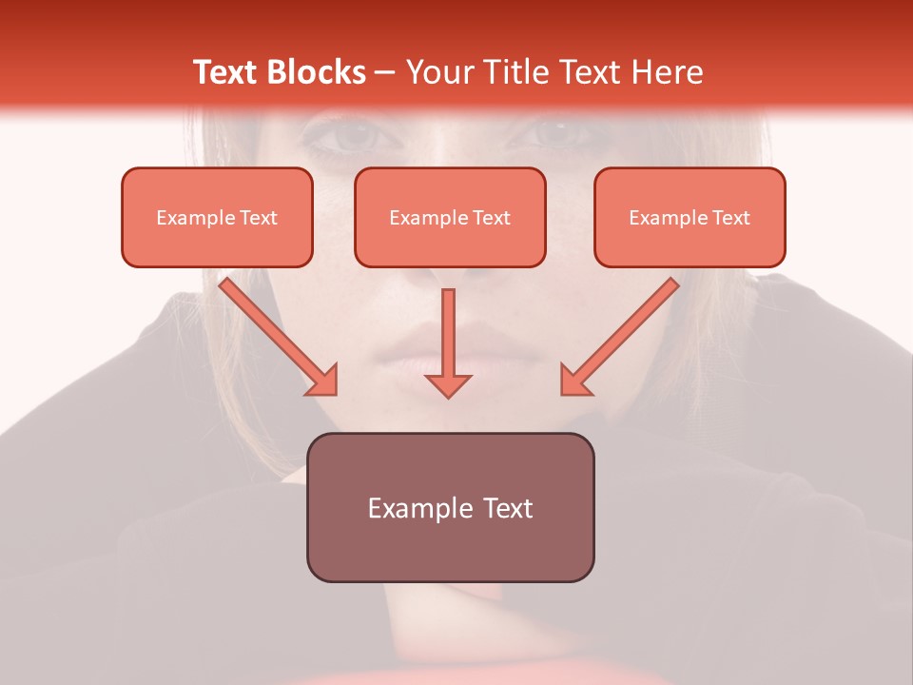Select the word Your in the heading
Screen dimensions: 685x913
click(438, 72)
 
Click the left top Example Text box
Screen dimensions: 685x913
click(217, 218)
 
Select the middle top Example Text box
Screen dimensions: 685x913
click(450, 218)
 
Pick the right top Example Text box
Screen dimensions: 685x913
click(690, 218)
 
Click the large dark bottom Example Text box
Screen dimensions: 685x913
click(450, 508)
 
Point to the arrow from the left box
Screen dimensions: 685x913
click(275, 333)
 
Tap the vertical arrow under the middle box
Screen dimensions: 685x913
click(448, 333)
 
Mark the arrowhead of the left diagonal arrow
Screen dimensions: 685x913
click(323, 381)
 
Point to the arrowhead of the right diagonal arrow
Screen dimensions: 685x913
click(574, 381)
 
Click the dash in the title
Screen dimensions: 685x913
click(385, 72)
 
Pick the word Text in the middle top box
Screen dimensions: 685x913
click(491, 218)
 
